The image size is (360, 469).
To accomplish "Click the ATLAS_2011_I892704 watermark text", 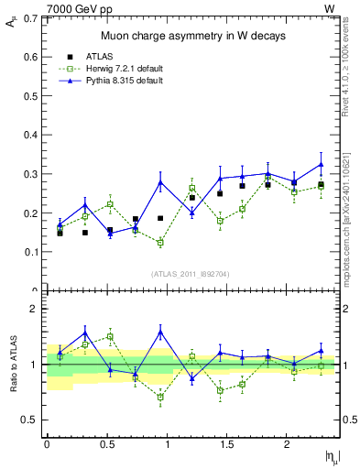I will pyautogui.click(x=191, y=273).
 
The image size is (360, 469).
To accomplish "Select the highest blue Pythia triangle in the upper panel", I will pyautogui.click(x=321, y=165).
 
